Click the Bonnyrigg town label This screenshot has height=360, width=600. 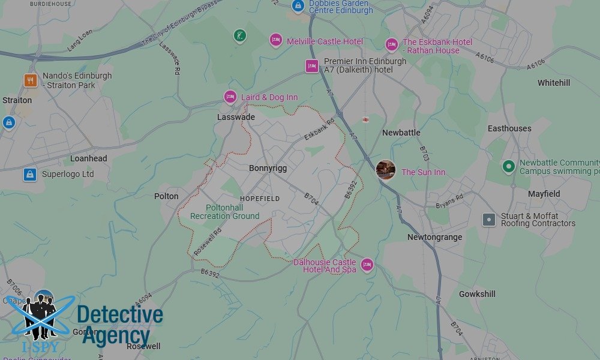click(x=268, y=169)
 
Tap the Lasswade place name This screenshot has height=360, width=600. click(x=236, y=117)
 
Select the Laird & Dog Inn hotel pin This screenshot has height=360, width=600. click(x=230, y=97)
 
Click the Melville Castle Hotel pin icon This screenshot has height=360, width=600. click(x=275, y=41)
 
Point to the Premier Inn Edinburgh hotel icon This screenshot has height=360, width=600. click(x=311, y=66)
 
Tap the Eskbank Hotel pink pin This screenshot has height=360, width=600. click(x=391, y=45)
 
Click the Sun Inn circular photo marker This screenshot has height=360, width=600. click(x=385, y=170)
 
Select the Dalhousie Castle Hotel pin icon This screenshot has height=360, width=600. click(x=367, y=265)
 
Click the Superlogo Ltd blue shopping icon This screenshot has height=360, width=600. click(x=30, y=174)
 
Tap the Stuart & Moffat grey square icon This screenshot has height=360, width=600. click(x=489, y=220)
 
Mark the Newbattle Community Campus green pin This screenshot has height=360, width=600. click(x=509, y=166)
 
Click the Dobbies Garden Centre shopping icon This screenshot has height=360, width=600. click(x=296, y=6)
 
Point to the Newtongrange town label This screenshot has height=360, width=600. click(x=434, y=237)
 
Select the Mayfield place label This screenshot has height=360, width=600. click(x=544, y=194)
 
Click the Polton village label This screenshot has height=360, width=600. click(x=166, y=196)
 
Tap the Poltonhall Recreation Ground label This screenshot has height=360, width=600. click(x=224, y=212)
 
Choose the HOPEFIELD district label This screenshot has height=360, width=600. click(x=260, y=199)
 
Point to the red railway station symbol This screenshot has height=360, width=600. click(x=366, y=119)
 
